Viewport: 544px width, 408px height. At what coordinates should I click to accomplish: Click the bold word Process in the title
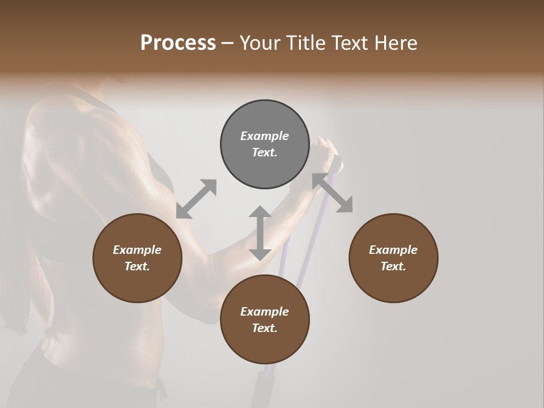pos(178,43)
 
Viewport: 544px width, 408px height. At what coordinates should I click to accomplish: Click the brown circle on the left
pos(137,258)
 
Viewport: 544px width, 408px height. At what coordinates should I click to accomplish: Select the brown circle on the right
pos(393,258)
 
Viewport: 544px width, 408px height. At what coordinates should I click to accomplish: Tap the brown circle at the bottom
pos(265,320)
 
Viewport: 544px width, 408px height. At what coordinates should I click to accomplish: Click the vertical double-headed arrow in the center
pos(260,233)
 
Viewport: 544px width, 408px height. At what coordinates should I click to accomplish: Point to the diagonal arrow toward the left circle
pos(196,199)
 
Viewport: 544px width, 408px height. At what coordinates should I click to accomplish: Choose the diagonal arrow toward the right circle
pos(333,193)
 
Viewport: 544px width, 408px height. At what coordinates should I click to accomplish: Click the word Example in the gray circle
pos(265,136)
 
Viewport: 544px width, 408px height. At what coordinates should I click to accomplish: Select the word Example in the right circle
pos(393,250)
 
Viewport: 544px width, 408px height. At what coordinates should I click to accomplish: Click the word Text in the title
pos(350,43)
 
